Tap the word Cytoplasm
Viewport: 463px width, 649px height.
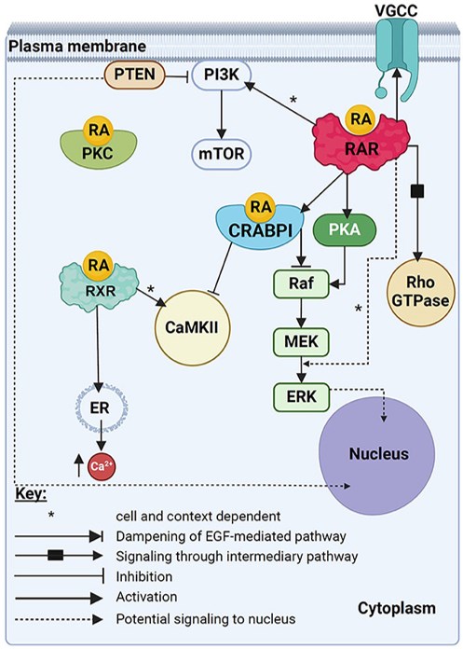(x=397, y=609)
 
